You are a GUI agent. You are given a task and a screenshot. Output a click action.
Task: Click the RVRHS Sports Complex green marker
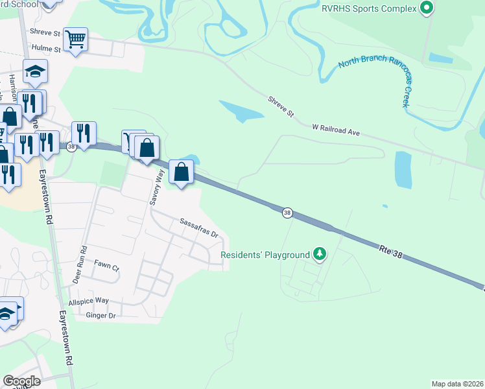pyautogui.click(x=426, y=8)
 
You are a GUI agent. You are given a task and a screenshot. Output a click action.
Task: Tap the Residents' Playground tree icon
pyautogui.click(x=318, y=253)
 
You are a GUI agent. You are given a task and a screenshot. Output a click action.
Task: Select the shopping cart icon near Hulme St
pyautogui.click(x=76, y=40)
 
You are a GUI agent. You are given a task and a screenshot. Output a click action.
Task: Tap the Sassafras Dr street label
pyautogui.click(x=199, y=228)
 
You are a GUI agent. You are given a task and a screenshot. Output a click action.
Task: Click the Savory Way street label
pyautogui.click(x=156, y=187)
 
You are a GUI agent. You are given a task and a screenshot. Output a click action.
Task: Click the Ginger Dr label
pyautogui.click(x=100, y=316)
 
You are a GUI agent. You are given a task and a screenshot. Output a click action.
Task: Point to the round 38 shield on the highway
pyautogui.click(x=287, y=212)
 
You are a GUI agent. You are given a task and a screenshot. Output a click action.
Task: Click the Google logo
pyautogui.click(x=21, y=381)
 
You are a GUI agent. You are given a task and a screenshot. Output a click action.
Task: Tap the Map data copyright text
pyautogui.click(x=458, y=384)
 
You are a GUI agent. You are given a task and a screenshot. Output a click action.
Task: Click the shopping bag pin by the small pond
pyautogui.click(x=182, y=172)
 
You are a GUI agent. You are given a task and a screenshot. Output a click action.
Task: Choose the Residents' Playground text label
pyautogui.click(x=265, y=255)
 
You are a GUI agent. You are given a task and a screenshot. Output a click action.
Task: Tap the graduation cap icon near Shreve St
pyautogui.click(x=35, y=71)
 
